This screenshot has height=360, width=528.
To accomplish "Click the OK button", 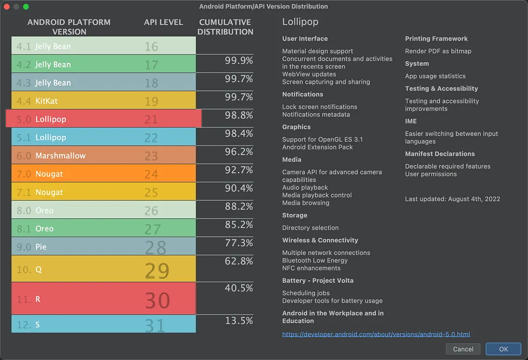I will click(503, 349).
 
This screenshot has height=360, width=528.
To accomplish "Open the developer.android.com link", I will click(376, 334).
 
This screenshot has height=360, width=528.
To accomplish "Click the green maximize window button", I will click(26, 7).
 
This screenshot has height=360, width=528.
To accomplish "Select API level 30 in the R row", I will click(158, 300).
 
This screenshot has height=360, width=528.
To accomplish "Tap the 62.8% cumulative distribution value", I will click(239, 261).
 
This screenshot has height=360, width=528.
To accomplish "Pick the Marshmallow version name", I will click(60, 156).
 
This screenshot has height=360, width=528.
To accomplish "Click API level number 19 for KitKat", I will click(151, 101).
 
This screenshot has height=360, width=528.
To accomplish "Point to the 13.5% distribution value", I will click(239, 321).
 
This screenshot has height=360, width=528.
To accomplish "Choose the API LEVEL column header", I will click(163, 22).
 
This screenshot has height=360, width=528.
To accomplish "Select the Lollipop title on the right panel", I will click(300, 22).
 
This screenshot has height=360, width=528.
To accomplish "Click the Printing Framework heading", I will click(436, 38).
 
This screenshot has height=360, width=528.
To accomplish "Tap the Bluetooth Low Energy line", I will click(315, 260).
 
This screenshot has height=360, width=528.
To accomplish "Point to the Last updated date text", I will click(452, 199).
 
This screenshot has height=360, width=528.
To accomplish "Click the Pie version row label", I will click(41, 247).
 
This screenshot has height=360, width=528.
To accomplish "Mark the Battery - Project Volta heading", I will click(318, 280).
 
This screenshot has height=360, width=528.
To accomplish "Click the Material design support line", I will click(317, 51).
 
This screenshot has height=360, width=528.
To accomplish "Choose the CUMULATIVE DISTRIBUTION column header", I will click(225, 27).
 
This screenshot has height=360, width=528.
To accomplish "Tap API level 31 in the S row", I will click(155, 325).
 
